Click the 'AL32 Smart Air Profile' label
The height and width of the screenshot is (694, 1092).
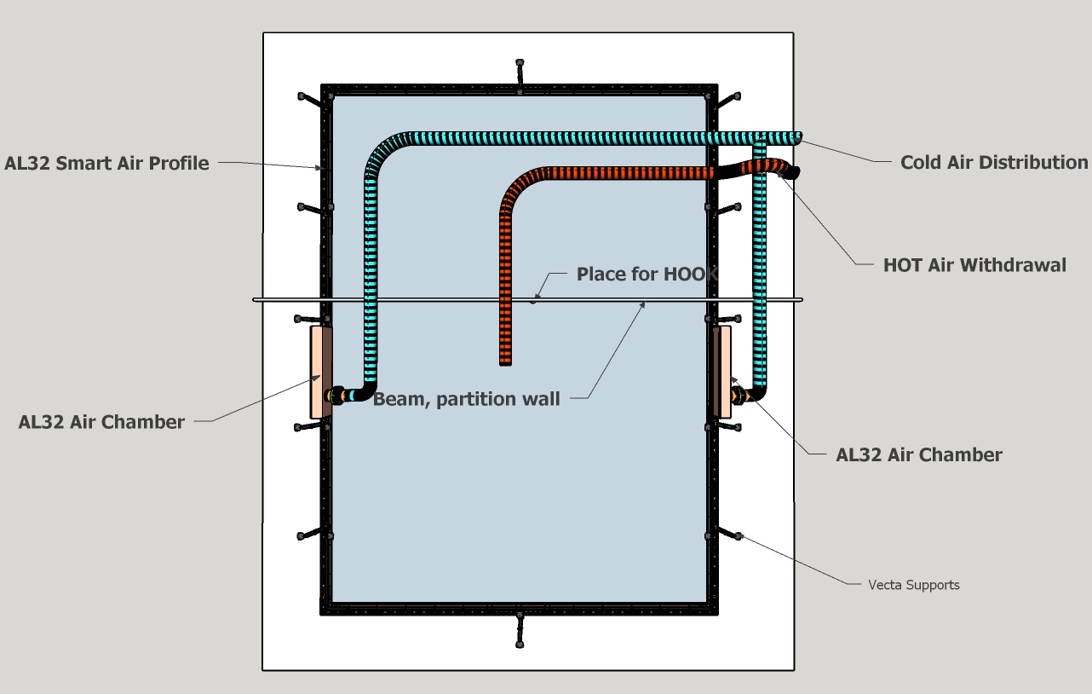[x=106, y=164]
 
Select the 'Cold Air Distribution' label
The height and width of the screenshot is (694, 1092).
[x=994, y=162]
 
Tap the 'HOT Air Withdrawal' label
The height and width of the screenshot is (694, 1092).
[x=974, y=265]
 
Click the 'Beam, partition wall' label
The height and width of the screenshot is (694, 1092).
[x=467, y=399]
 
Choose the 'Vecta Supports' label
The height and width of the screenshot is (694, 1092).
[x=913, y=585]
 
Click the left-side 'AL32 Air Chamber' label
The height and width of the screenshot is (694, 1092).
[x=101, y=422]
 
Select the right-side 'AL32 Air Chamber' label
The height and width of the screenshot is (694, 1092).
[x=919, y=454]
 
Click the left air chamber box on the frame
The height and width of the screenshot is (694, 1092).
[x=319, y=372]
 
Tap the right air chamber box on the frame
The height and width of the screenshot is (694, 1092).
[x=721, y=372]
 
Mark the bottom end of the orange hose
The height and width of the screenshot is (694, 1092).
[x=505, y=361]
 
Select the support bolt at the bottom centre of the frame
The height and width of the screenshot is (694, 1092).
[x=520, y=630]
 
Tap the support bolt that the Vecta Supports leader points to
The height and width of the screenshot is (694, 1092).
[x=738, y=535]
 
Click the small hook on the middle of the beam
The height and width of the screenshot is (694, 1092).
[x=534, y=300]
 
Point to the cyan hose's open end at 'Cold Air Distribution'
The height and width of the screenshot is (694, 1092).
[x=797, y=137]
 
